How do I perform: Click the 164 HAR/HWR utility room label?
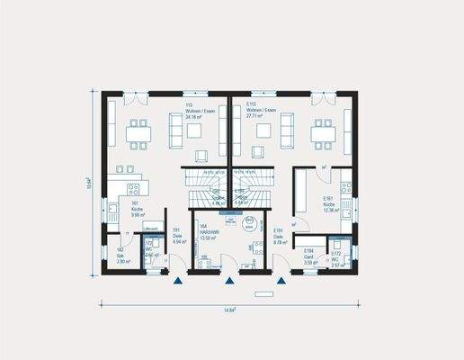[x=208, y=231]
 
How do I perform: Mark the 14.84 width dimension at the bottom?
[x=230, y=310]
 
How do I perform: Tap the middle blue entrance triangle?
[x=231, y=282]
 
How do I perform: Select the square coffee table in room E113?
[x=262, y=131]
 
